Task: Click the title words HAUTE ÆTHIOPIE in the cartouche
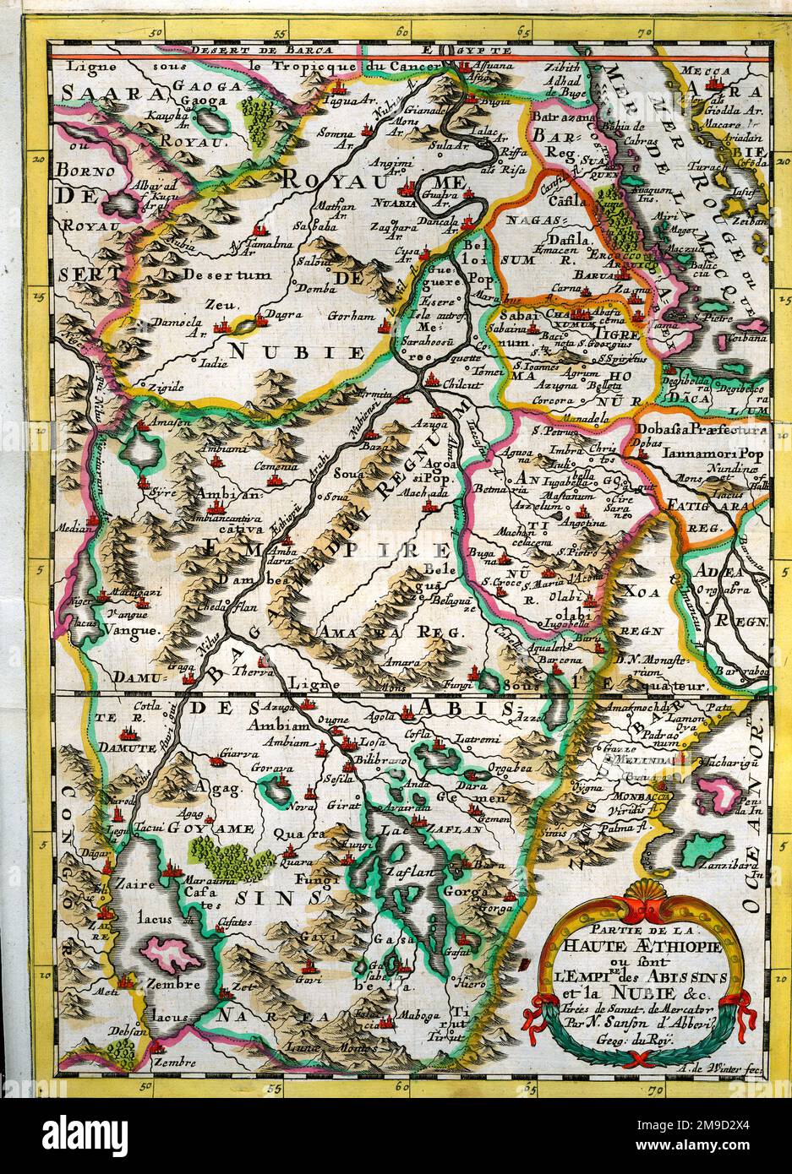click(x=650, y=945)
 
